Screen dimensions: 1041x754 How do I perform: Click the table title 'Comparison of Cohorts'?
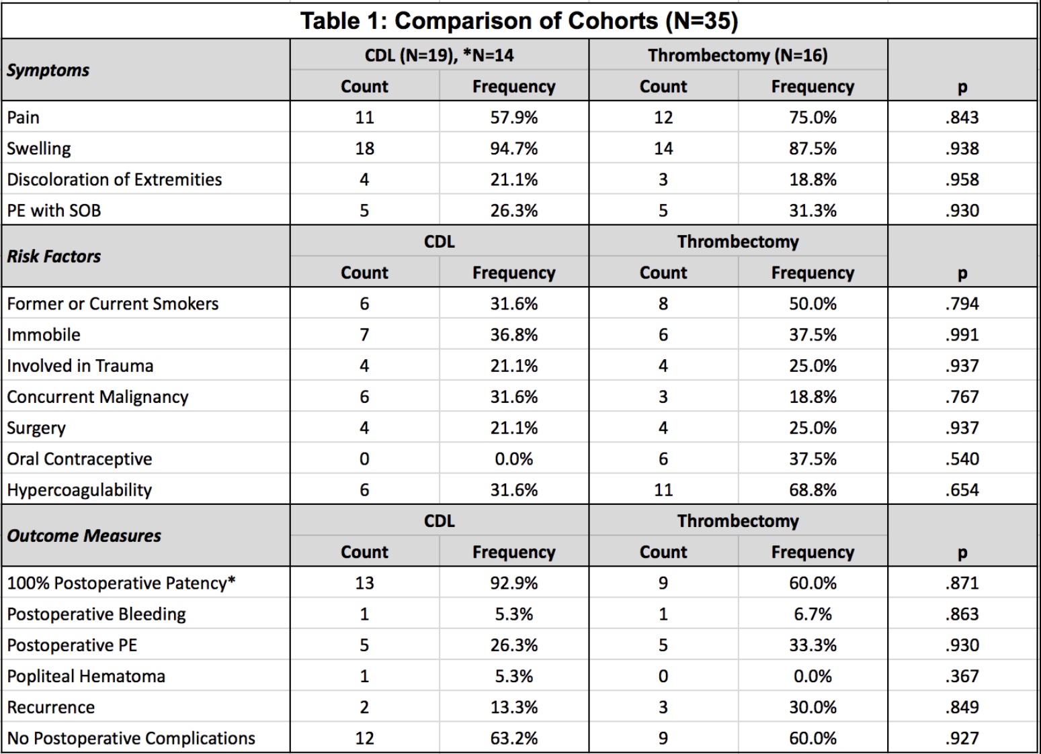pyautogui.click(x=567, y=21)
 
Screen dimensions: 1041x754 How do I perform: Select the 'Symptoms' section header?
pyautogui.click(x=48, y=70)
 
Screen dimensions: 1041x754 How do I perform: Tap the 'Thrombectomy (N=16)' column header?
pyautogui.click(x=738, y=55)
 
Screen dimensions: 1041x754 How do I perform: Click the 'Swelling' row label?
pyautogui.click(x=38, y=148)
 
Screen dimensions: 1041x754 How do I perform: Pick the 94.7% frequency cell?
pyautogui.click(x=514, y=148)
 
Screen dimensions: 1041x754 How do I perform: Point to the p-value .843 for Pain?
pyautogui.click(x=962, y=117)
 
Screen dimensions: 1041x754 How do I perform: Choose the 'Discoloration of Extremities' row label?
pyautogui.click(x=114, y=180)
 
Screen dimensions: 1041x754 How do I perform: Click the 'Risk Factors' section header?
pyautogui.click(x=54, y=256)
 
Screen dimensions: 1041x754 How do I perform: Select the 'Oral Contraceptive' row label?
pyautogui.click(x=79, y=459)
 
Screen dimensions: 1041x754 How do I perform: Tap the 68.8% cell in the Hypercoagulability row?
pyautogui.click(x=813, y=490)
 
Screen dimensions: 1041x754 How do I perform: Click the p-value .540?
pyautogui.click(x=962, y=459)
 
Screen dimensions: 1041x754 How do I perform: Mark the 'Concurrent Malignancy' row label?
pyautogui.click(x=97, y=397)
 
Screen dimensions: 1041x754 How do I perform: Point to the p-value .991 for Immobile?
pyautogui.click(x=962, y=335)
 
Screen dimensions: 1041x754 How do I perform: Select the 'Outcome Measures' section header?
pyautogui.click(x=83, y=536)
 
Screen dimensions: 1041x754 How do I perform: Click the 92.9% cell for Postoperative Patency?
pyautogui.click(x=514, y=583)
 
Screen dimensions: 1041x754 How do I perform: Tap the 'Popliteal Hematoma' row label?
pyautogui.click(x=86, y=677)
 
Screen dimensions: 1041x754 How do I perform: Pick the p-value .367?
pyautogui.click(x=962, y=677)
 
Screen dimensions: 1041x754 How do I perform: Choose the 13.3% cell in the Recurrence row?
pyautogui.click(x=514, y=708)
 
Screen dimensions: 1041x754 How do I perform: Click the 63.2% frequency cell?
pyautogui.click(x=514, y=738)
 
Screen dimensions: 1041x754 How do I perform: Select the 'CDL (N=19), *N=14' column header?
pyautogui.click(x=439, y=55)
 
